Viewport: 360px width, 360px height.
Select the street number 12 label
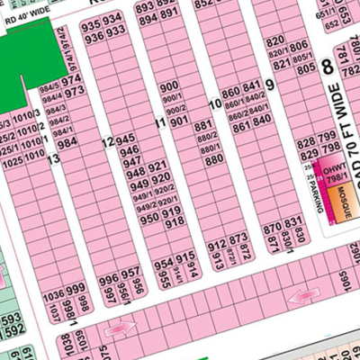point(107,142)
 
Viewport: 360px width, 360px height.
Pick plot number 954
point(163,264)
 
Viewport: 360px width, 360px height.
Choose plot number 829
point(305,133)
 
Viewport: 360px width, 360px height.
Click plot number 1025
point(13,166)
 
